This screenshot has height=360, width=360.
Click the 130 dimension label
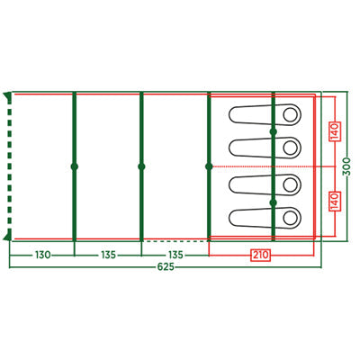[43, 256]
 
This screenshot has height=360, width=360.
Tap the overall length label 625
[166, 266]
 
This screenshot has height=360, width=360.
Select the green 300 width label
[346, 166]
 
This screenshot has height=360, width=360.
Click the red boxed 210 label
[260, 256]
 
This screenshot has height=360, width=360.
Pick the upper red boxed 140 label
[335, 131]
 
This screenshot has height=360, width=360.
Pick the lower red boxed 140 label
[335, 201]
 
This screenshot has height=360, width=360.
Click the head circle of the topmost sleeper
[290, 114]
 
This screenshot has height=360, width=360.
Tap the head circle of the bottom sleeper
[290, 219]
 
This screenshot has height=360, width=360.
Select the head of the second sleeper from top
[290, 148]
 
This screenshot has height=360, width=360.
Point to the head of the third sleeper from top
[290, 185]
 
